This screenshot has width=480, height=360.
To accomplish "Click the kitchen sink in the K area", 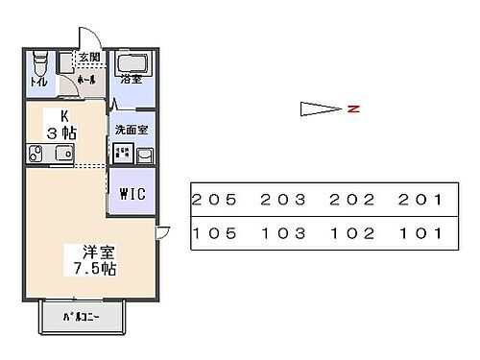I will click(x=64, y=154).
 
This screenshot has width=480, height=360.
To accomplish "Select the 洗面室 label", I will click(x=130, y=129).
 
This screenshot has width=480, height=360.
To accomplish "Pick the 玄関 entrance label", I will click(x=89, y=58).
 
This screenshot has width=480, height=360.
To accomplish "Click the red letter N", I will click(x=352, y=108).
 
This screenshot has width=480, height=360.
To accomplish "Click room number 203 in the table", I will click(x=282, y=200).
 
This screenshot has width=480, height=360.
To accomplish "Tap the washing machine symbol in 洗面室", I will click(x=123, y=153).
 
